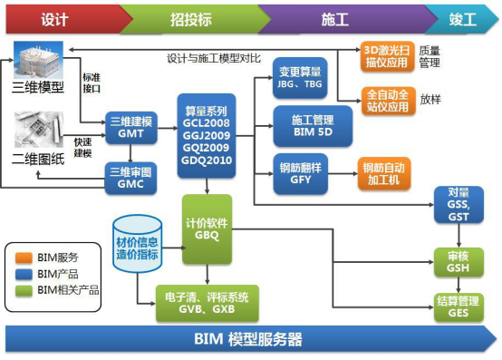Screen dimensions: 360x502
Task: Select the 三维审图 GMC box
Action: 130,178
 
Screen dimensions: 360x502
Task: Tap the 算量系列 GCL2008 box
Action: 208,133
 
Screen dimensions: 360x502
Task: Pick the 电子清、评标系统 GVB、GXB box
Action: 208,302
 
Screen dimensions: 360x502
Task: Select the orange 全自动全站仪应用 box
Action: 388,99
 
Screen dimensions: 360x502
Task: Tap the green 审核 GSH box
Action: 458,259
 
